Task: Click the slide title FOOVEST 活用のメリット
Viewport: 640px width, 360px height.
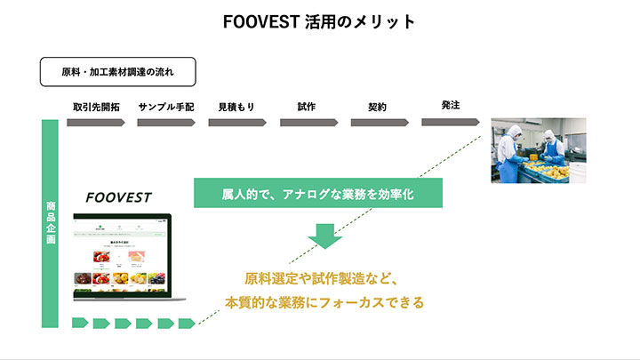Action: tap(319, 22)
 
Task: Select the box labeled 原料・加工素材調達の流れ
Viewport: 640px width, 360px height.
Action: tap(117, 71)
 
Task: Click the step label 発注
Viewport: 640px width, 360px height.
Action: tap(450, 106)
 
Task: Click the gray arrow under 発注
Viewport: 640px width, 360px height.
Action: tap(451, 121)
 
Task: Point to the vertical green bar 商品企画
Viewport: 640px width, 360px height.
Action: tap(51, 223)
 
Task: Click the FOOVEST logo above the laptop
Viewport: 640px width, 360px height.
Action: tap(119, 197)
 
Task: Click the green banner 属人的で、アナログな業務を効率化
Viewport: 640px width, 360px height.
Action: tap(316, 192)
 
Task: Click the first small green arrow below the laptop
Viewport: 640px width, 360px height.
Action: tap(78, 323)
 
